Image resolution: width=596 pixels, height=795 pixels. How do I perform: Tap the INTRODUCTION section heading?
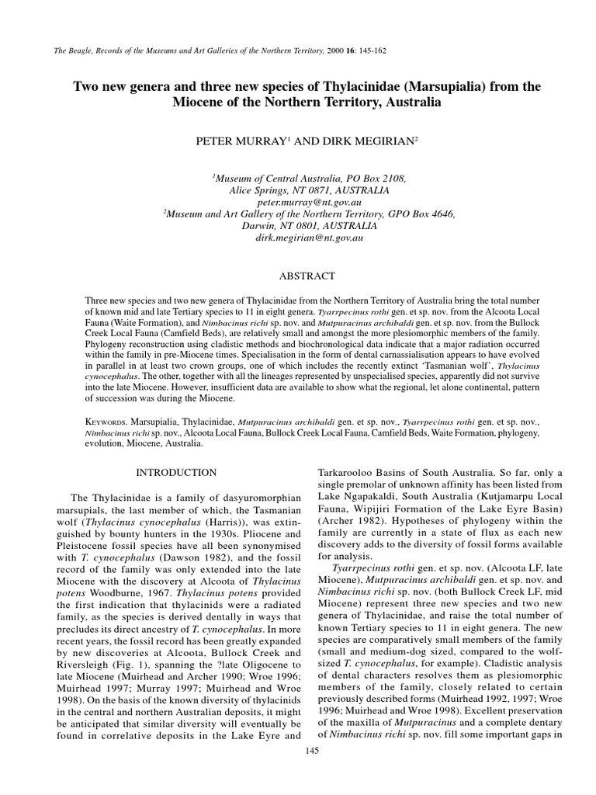(177, 472)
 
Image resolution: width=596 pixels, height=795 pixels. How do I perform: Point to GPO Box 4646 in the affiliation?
(419, 214)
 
